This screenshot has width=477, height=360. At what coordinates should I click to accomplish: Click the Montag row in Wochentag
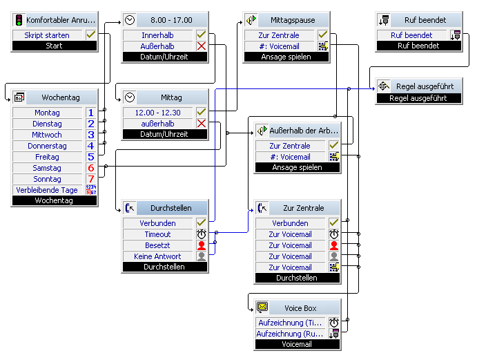(47, 113)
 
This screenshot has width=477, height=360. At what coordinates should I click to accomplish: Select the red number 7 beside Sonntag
(90, 179)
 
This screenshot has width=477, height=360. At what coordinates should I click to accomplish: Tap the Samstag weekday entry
(47, 168)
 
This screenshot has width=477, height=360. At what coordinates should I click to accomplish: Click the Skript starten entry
(47, 35)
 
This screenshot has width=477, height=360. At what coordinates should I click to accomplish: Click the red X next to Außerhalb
(202, 46)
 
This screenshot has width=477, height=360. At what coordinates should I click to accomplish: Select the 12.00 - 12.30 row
(157, 113)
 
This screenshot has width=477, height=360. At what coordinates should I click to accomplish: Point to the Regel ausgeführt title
(425, 86)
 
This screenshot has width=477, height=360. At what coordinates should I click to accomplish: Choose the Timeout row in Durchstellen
(157, 234)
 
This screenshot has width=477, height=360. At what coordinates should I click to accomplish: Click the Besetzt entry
(157, 245)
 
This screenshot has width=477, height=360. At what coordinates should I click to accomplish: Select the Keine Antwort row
(157, 256)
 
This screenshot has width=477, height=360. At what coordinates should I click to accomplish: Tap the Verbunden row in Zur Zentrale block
(290, 223)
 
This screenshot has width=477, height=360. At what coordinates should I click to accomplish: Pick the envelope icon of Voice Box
(262, 307)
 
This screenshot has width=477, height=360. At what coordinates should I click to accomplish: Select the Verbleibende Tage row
(47, 190)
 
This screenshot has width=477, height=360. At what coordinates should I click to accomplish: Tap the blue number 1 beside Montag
(90, 113)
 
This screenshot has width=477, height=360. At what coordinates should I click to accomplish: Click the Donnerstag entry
(47, 146)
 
